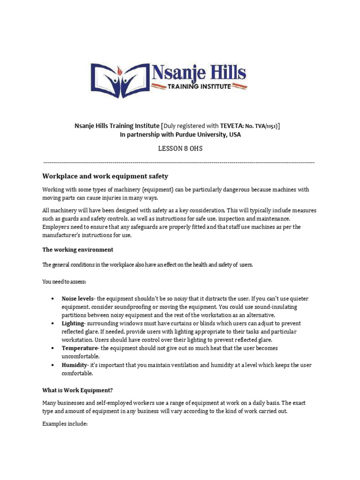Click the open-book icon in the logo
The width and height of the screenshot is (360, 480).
119,77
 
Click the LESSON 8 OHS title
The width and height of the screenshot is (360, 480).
180,149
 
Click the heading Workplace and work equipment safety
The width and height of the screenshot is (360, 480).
105,176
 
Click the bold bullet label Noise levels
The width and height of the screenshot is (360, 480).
78,299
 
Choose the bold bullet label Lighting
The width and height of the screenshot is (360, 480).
73,323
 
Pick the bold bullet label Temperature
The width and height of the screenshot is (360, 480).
80,348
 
